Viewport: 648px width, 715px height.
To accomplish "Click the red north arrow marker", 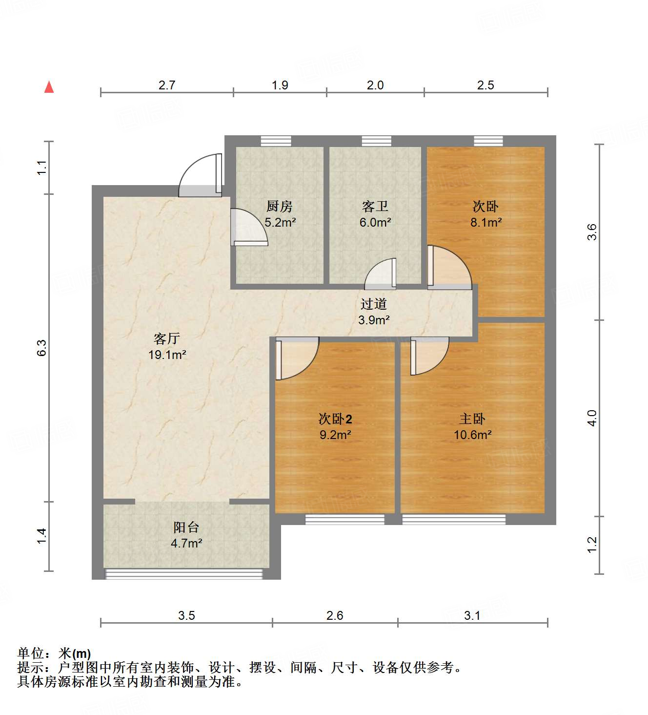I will (x=49, y=87).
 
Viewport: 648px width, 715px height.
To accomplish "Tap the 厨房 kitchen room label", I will (x=280, y=206).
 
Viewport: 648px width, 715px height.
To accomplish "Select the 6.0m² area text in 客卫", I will (x=375, y=223).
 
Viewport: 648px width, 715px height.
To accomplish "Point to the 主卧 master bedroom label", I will (x=472, y=419).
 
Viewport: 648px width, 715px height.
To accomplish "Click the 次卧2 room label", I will (x=335, y=419).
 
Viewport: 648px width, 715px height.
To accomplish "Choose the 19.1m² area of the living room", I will (x=167, y=355).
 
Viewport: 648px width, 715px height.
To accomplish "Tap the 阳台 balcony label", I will (x=186, y=527).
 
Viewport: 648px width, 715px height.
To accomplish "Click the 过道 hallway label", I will (x=373, y=304).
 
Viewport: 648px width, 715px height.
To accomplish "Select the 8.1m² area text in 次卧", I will (x=486, y=223).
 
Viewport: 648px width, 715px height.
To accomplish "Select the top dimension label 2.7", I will (x=166, y=85).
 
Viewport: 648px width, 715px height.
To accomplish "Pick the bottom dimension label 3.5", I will (x=186, y=615).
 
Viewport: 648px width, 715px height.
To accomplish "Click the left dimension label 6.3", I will (x=42, y=347).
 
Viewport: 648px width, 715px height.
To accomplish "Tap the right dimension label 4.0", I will (x=591, y=418).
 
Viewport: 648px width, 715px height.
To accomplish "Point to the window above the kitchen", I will (x=276, y=141).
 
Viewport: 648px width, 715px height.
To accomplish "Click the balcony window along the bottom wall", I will (x=184, y=574).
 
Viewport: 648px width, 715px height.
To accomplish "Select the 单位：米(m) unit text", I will (x=54, y=653).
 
